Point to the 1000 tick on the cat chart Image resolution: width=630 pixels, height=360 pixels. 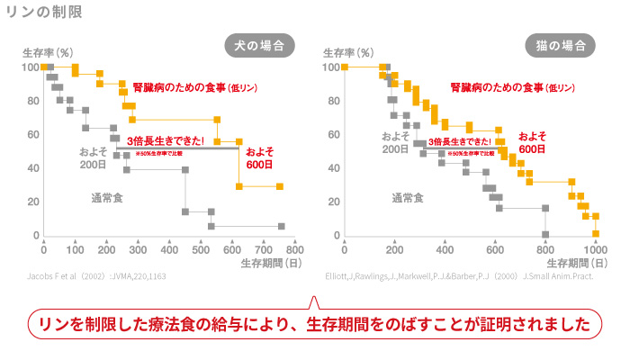(595, 248)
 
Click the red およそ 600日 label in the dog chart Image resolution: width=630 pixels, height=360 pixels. (259, 158)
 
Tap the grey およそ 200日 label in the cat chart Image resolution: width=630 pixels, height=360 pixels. (395, 143)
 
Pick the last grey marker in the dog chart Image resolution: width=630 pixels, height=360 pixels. (281, 226)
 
